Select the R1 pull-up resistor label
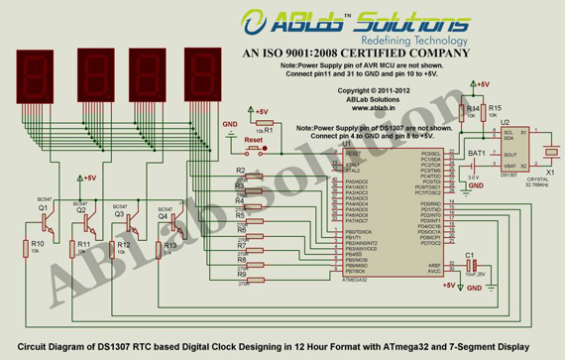(267, 130)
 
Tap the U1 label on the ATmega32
(345, 145)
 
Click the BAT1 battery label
(477, 153)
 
